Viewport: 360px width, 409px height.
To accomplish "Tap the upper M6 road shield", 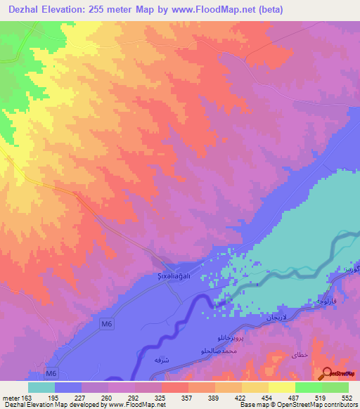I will pos(106,323).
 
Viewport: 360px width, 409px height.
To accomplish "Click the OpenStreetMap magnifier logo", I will pos(328,373).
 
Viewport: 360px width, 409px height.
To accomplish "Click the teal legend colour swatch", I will pos(41,388).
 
